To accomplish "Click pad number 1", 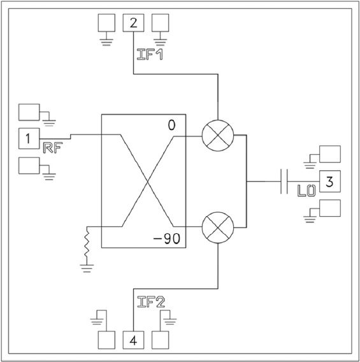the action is [29, 138].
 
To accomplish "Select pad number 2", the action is [133, 23].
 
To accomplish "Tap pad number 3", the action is [330, 181].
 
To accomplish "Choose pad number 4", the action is [133, 340].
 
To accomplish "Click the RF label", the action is [53, 148].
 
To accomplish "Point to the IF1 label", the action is [150, 55].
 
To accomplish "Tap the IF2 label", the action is [151, 302].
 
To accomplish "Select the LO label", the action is [306, 191].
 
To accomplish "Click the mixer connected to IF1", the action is [218, 136].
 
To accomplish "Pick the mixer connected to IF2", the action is [218, 228].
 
